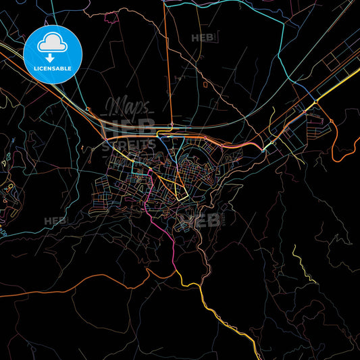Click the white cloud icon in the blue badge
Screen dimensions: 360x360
[52, 43]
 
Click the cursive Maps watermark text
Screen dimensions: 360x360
[128, 107]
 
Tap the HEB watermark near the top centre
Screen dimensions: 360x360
[203, 38]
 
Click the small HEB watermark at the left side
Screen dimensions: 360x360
[55, 220]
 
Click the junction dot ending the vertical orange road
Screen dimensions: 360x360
[172, 125]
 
